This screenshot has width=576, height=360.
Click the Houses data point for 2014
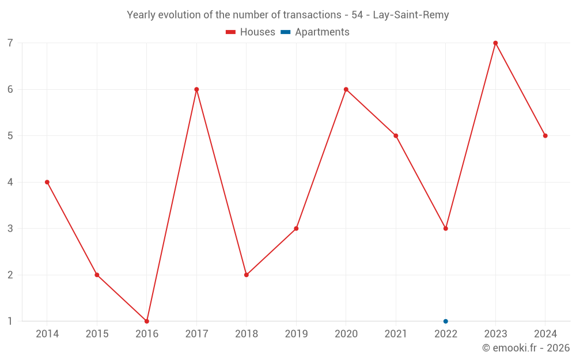pyautogui.click(x=47, y=182)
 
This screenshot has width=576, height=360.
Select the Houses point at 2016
pyautogui.click(x=147, y=321)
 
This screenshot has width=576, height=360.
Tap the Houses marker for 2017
pyautogui.click(x=196, y=89)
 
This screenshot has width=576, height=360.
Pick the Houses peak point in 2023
pyautogui.click(x=495, y=43)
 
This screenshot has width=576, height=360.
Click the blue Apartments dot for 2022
pyautogui.click(x=446, y=321)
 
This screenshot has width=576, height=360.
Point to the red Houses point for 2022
pyautogui.click(x=446, y=228)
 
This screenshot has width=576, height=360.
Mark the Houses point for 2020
pyautogui.click(x=346, y=89)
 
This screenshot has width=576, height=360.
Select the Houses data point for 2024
pyautogui.click(x=545, y=136)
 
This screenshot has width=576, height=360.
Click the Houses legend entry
pyautogui.click(x=251, y=32)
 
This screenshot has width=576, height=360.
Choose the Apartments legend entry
pyautogui.click(x=316, y=32)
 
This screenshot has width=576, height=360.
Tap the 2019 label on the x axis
pyautogui.click(x=296, y=334)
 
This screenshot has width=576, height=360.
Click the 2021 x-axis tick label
pyautogui.click(x=396, y=334)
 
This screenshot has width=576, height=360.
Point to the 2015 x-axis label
pyautogui.click(x=97, y=334)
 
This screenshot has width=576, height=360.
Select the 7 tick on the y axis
pyautogui.click(x=10, y=43)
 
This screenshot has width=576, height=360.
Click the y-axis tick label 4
pyautogui.click(x=10, y=182)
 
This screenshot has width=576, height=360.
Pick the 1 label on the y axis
pyautogui.click(x=10, y=321)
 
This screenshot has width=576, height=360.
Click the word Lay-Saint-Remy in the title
pyautogui.click(x=411, y=15)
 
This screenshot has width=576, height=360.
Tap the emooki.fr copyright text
pyautogui.click(x=526, y=348)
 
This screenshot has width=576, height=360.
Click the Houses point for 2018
pyautogui.click(x=247, y=275)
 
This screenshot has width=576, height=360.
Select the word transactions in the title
pyautogui.click(x=313, y=15)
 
